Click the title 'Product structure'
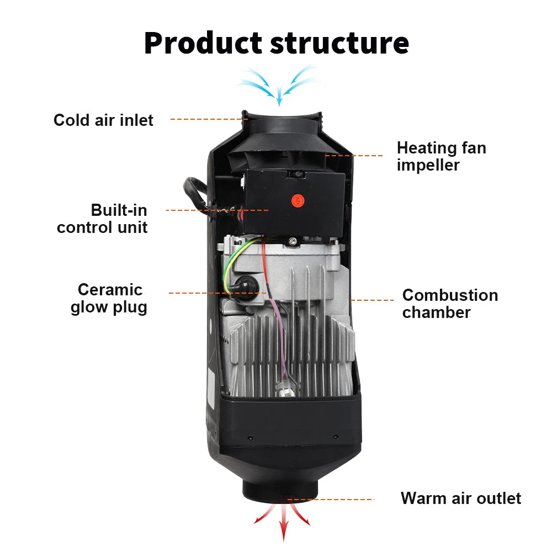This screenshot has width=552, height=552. tap(276, 43)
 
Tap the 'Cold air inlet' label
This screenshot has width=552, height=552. tap(103, 120)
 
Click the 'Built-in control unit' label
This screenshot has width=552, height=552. tap(103, 219)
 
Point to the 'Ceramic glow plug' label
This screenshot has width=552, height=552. tap(109, 298)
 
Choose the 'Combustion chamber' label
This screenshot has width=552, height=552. tap(450, 304)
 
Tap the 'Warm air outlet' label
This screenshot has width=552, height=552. tap(460, 498)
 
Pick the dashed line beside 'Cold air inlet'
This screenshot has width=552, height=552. tap(207, 119)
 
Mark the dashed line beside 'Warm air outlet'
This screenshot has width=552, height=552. tap(331, 500)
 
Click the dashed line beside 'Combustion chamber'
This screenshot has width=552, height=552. tap(373, 301)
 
